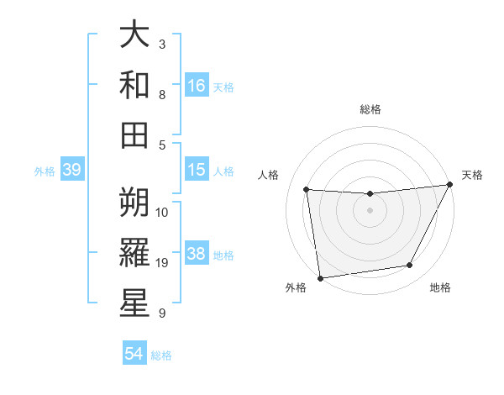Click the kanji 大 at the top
click(x=134, y=36)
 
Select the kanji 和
click(x=134, y=85)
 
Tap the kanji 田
click(x=134, y=134)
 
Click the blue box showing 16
click(x=197, y=85)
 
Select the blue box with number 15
click(x=197, y=170)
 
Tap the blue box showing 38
click(x=197, y=254)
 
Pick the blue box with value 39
click(x=71, y=170)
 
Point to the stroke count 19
click(x=163, y=263)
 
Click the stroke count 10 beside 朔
click(x=163, y=212)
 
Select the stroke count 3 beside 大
click(x=161, y=44)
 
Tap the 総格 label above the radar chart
click(x=370, y=109)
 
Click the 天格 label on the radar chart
click(x=472, y=175)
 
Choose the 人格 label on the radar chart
click(x=269, y=175)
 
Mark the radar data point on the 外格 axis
click(x=320, y=277)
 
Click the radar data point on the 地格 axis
click(x=410, y=266)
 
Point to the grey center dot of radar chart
click(x=370, y=210)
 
